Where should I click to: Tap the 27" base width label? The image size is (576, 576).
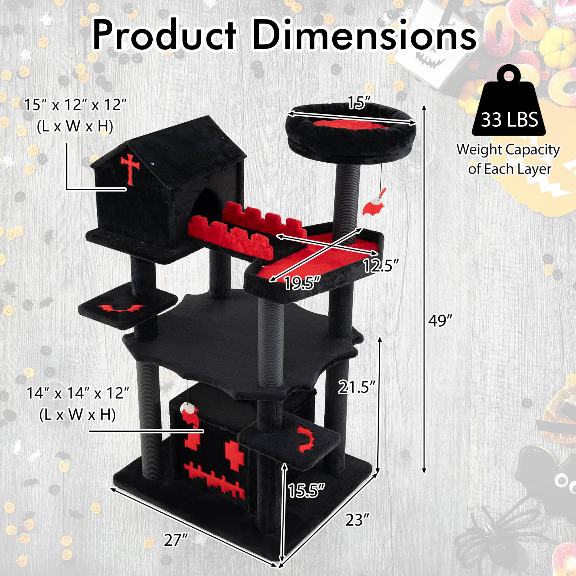click(x=176, y=540)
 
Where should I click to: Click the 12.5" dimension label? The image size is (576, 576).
click(x=380, y=265)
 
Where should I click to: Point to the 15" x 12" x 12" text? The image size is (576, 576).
click(x=75, y=105)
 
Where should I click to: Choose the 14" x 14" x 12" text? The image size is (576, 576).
click(x=78, y=393)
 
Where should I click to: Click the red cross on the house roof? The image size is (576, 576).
click(x=130, y=168)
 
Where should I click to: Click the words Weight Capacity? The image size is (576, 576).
click(x=508, y=150)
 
